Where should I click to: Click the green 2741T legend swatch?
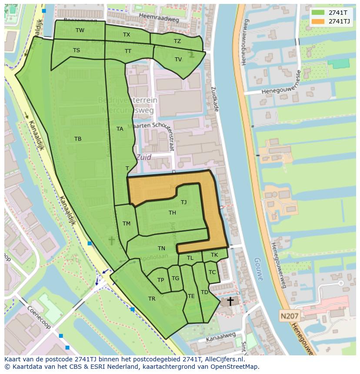tap(318, 12)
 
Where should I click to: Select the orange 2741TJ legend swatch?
tap(318, 21)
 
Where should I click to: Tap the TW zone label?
tap(80, 30)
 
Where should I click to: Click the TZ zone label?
tap(177, 41)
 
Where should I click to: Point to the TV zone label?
tap(178, 60)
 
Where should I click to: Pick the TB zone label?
tap(78, 139)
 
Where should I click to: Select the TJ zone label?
tap(184, 202)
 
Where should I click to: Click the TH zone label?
tap(173, 212)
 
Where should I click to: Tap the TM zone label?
tap(127, 224)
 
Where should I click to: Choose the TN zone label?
tap(162, 248)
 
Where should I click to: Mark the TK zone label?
tap(214, 255)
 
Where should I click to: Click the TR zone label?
tap(152, 299)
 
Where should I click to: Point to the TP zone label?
tap(161, 280)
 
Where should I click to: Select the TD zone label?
tap(204, 292)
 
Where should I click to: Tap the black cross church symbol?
tap(230, 301)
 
